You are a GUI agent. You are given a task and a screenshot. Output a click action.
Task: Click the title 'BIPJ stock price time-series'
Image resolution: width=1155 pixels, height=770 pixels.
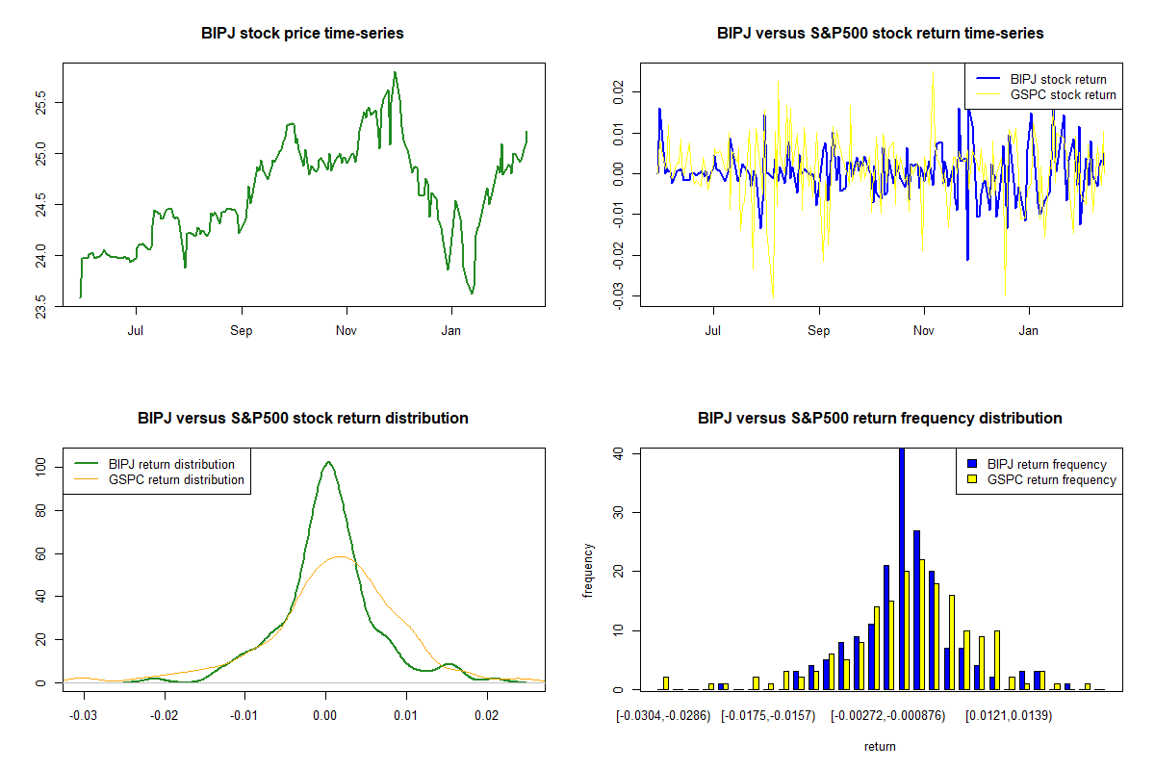click(302, 34)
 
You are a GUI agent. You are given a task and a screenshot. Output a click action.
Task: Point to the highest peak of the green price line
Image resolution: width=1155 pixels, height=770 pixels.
click(395, 72)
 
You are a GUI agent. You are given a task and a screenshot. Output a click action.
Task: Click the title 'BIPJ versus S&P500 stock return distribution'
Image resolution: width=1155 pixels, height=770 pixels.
click(302, 419)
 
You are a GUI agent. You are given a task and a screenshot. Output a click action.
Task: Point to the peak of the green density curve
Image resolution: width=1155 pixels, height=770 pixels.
click(328, 463)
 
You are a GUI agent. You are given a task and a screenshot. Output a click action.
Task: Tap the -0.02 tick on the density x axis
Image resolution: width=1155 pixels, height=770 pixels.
click(165, 716)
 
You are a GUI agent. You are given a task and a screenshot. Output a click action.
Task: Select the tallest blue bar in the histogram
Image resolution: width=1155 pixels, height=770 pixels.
click(902, 568)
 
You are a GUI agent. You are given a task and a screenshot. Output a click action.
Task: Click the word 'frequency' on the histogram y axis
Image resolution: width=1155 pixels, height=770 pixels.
click(588, 571)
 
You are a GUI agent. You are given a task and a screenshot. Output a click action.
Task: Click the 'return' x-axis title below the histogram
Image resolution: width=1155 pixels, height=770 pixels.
click(880, 747)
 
